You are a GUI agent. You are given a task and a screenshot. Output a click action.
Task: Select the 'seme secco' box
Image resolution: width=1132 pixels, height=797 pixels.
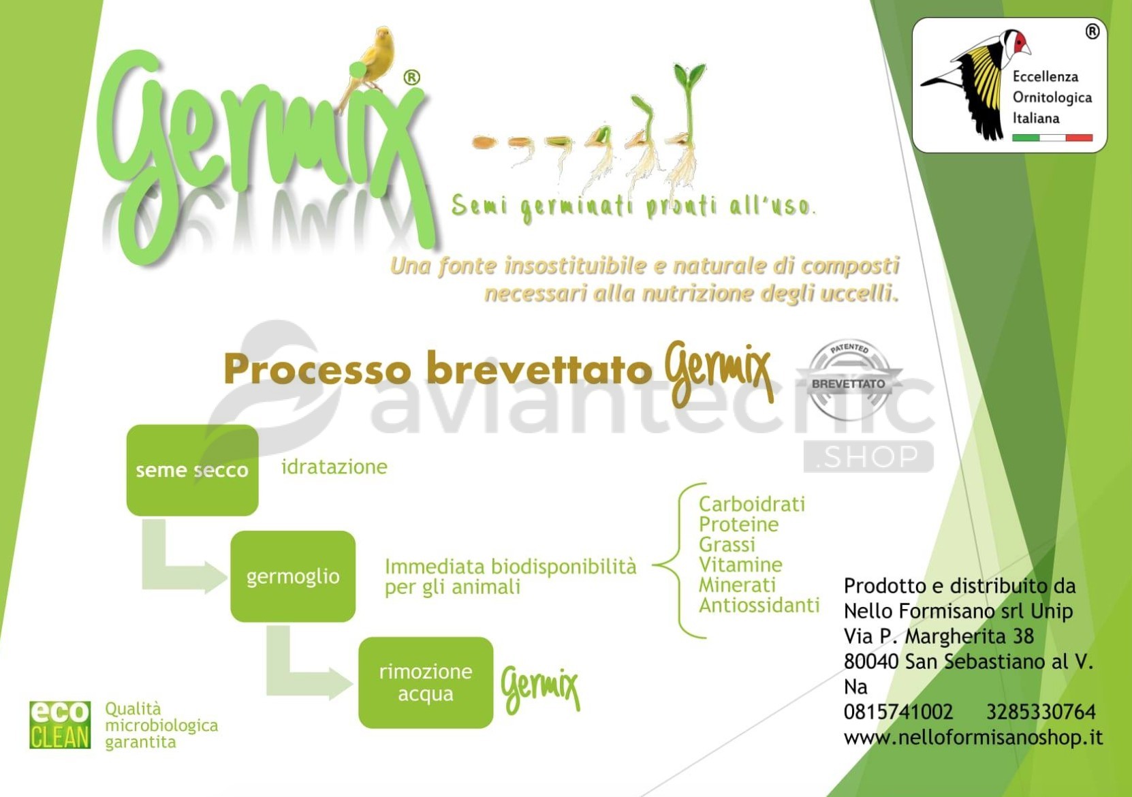click(193, 470)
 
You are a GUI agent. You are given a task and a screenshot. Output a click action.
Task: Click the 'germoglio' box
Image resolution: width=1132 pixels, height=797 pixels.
click(293, 576)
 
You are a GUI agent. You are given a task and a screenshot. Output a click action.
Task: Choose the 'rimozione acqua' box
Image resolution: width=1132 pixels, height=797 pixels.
click(426, 683)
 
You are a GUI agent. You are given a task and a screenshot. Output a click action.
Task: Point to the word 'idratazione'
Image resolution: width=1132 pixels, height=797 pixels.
click(334, 467)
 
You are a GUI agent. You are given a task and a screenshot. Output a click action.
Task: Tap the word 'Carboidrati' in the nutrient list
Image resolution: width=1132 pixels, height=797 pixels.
click(752, 504)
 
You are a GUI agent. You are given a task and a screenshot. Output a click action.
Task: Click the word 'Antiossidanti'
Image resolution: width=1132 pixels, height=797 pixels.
click(759, 605)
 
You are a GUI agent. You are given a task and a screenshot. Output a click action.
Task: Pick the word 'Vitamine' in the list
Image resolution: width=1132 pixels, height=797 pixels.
click(740, 565)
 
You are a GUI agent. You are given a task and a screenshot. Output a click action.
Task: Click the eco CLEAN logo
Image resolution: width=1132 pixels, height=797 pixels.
click(60, 725)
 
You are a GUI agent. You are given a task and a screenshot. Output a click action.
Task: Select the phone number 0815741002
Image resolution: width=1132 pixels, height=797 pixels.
click(898, 712)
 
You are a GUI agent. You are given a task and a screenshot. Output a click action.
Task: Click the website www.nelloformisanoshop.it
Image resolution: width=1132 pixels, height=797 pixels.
click(973, 737)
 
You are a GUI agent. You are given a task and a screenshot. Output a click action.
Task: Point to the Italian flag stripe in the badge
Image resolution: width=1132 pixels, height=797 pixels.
click(1052, 138)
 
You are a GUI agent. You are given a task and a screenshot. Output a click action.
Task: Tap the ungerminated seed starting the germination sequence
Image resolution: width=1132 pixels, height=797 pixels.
click(484, 142)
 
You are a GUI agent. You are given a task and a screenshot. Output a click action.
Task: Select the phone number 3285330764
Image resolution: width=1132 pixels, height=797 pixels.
click(1041, 712)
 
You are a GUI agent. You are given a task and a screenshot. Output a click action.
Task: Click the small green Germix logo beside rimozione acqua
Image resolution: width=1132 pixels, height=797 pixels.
click(539, 688)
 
